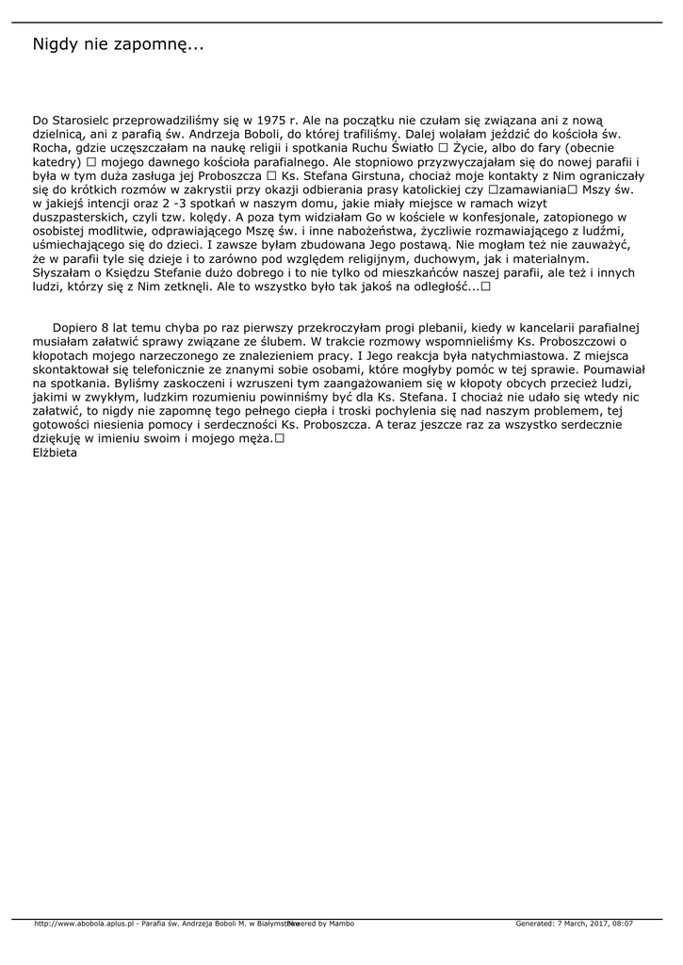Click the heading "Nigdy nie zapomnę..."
pos(119,45)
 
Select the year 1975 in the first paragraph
pos(271,121)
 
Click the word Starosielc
pos(86,121)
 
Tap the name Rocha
pos(50,148)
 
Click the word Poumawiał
pos(611,369)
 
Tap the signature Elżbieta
pos(55,452)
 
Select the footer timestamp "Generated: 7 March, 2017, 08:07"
pos(574,924)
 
